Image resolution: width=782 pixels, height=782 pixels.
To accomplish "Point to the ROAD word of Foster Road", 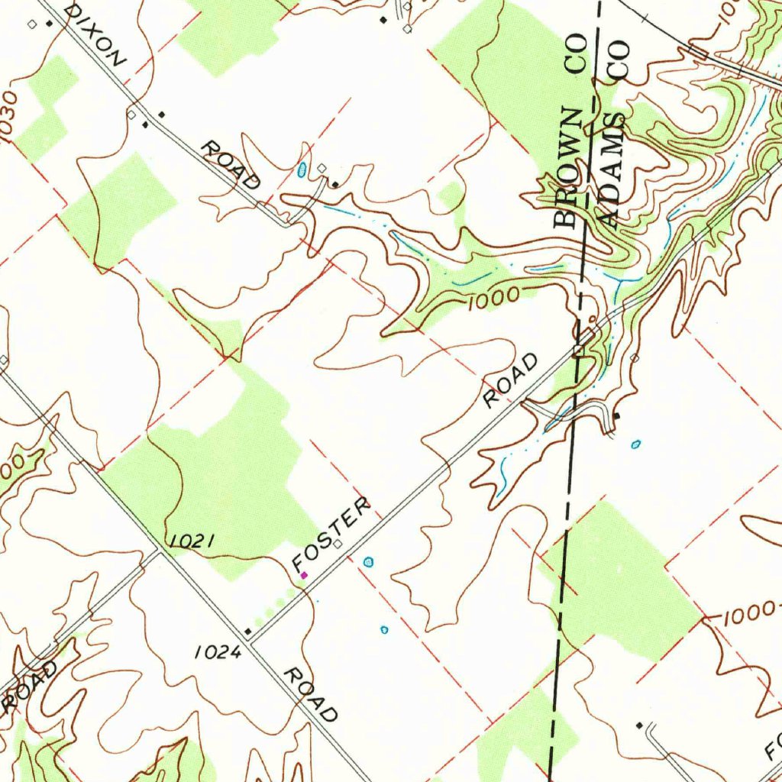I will tap(512, 380).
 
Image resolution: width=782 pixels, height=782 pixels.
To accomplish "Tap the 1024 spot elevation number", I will tap(218, 652).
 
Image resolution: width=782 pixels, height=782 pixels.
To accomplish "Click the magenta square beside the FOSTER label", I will tap(304, 574).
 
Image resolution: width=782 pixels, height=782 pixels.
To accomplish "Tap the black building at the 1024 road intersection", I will tap(247, 632).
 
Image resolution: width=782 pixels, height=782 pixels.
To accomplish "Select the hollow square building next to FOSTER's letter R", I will tap(337, 545).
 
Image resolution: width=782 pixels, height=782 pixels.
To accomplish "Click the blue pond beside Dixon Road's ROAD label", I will tap(303, 167).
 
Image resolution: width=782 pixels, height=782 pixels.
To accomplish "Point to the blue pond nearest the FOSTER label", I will tap(370, 562).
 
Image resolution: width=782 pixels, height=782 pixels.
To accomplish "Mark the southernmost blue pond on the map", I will tap(384, 630).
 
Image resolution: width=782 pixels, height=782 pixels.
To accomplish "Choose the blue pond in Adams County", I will tap(636, 444).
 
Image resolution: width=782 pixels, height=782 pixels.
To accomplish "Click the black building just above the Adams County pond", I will tap(617, 415).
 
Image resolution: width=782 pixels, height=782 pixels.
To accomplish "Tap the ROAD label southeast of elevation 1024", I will tap(311, 694).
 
